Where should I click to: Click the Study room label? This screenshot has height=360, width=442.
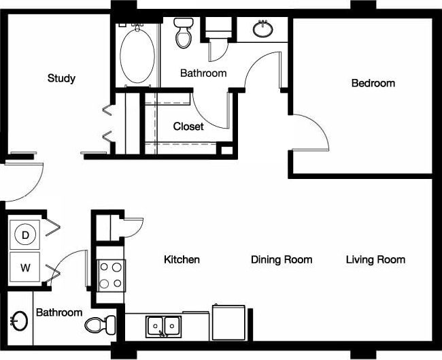point(61,78)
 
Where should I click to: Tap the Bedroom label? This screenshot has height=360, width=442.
point(373,83)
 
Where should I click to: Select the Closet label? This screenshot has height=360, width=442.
point(188,127)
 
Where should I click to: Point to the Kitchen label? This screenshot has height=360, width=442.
point(182,259)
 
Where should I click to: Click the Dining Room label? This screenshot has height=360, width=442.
point(282,259)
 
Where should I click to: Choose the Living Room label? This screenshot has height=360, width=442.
point(375,259)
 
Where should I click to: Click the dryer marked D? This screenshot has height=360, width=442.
point(25,235)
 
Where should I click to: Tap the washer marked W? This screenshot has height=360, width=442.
point(25,267)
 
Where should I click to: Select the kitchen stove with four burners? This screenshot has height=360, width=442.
point(110,275)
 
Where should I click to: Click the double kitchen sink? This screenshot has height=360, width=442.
point(164,326)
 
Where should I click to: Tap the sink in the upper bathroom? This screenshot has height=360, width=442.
point(262,29)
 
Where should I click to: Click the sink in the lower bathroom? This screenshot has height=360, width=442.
point(18,321)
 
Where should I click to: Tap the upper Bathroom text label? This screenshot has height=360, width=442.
point(203,73)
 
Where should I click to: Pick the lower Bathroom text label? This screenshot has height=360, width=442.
point(59,312)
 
